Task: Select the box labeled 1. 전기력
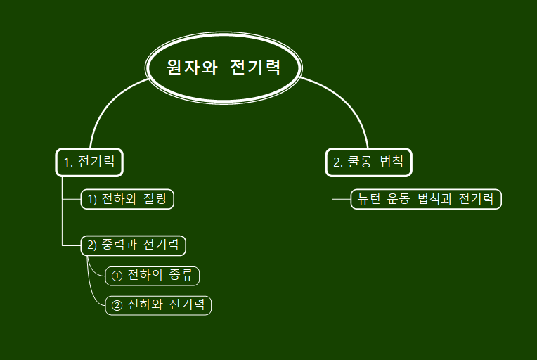click(89, 162)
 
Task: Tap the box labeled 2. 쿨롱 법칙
click(368, 162)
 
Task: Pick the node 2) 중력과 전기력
click(133, 245)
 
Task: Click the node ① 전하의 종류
click(152, 276)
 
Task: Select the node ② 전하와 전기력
click(158, 305)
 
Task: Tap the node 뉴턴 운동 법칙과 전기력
click(425, 199)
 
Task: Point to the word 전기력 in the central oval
click(255, 67)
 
